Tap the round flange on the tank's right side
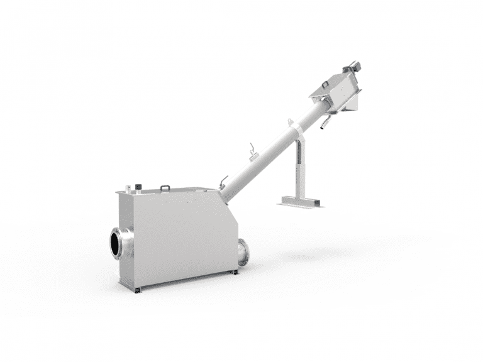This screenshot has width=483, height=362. tap(243, 253)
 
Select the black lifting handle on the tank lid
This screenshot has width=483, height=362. tap(165, 187)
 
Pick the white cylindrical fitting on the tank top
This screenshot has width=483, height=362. tap(128, 189)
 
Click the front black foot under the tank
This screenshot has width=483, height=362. tap(138, 289)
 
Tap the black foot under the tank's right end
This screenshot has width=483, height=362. tap(235, 272)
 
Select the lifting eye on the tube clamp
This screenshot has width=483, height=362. tap(290, 123)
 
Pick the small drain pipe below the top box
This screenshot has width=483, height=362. tap(324, 126)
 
